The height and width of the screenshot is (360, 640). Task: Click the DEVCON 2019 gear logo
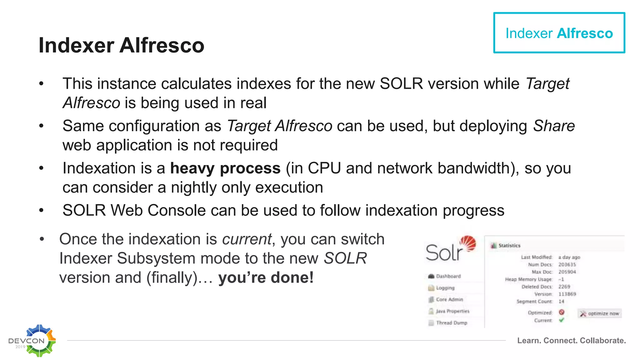pyautogui.click(x=34, y=341)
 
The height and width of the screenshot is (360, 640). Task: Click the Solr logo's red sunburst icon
pyautogui.click(x=468, y=243)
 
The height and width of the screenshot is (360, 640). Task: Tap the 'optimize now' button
pyautogui.click(x=600, y=313)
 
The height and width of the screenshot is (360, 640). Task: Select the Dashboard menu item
pyautogui.click(x=448, y=276)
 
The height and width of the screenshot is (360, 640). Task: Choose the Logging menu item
pyautogui.click(x=445, y=288)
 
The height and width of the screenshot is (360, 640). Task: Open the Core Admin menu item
pyautogui.click(x=449, y=299)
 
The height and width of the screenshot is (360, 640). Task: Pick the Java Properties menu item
pyautogui.click(x=452, y=311)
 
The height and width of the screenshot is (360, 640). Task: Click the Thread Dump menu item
pyautogui.click(x=451, y=323)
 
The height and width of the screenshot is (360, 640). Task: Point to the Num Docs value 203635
pyautogui.click(x=567, y=265)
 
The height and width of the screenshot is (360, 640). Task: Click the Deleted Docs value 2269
pyautogui.click(x=564, y=287)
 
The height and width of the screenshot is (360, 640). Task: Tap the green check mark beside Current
pyautogui.click(x=562, y=320)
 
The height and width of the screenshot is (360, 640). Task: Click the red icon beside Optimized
pyautogui.click(x=562, y=312)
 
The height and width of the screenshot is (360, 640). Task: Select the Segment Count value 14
pyautogui.click(x=561, y=302)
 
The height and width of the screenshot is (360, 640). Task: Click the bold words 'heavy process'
pyautogui.click(x=225, y=168)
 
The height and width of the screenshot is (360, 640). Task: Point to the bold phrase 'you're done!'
pyautogui.click(x=266, y=277)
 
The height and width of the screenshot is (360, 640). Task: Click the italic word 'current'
pyautogui.click(x=247, y=239)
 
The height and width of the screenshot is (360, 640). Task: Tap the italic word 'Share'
pyautogui.click(x=554, y=126)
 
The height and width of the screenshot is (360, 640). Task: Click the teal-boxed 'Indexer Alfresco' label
pyautogui.click(x=559, y=33)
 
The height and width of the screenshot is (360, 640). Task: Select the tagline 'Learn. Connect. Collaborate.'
pyautogui.click(x=571, y=341)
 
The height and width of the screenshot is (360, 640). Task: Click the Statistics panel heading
pyautogui.click(x=509, y=246)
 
